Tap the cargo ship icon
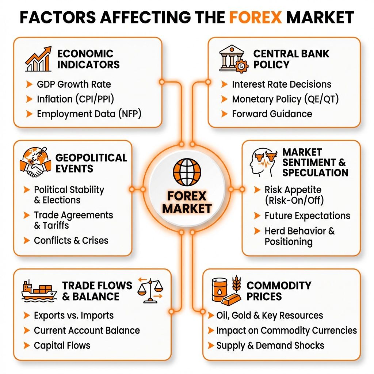[38, 291]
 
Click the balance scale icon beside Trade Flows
[150, 290]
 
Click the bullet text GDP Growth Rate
[74, 84]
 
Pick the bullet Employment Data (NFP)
[89, 114]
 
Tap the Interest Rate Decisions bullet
[281, 84]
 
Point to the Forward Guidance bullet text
[272, 114]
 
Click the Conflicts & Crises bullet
[71, 240]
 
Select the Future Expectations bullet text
[307, 216]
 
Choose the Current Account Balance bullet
[87, 331]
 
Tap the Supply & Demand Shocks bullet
[270, 346]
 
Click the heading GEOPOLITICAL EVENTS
[91, 163]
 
